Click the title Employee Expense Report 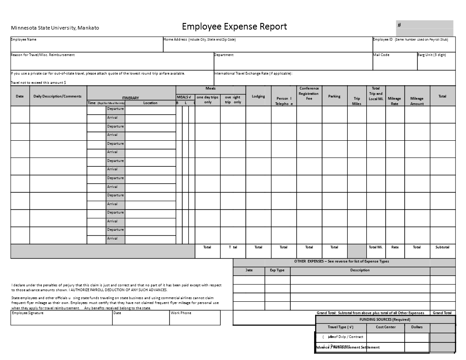pyautogui.click(x=234, y=26)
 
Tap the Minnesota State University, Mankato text pyautogui.click(x=55, y=28)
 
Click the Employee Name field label pyautogui.click(x=23, y=39)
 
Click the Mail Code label pyautogui.click(x=381, y=55)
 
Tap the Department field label pyautogui.click(x=224, y=55)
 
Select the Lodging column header pyautogui.click(x=258, y=96)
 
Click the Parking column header pyautogui.click(x=334, y=96)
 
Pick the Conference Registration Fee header pyautogui.click(x=309, y=93)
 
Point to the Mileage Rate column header pyautogui.click(x=395, y=101)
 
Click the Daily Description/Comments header pyautogui.click(x=57, y=96)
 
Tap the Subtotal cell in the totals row pyautogui.click(x=442, y=247)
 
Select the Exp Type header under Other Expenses pyautogui.click(x=277, y=270)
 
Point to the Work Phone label pyautogui.click(x=181, y=313)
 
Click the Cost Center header pyautogui.click(x=386, y=327)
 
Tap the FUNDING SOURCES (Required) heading pyautogui.click(x=385, y=319)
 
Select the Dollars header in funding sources pyautogui.click(x=417, y=327)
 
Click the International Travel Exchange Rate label pyautogui.click(x=253, y=73)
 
